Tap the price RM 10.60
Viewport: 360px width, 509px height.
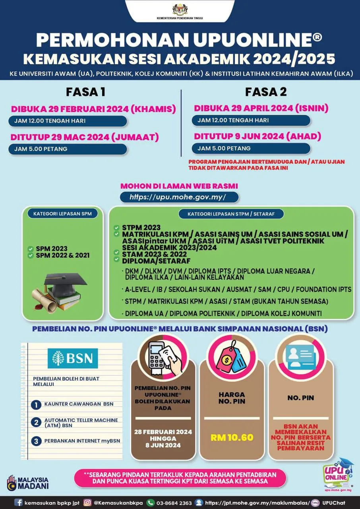(232, 438)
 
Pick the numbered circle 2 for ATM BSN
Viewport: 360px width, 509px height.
(36, 422)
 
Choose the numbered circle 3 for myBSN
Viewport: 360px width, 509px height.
(36, 441)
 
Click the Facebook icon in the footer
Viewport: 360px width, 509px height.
(18, 502)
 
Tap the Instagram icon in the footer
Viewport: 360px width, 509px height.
(87, 502)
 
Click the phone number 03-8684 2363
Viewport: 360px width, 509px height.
(175, 503)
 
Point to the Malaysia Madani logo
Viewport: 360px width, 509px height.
(28, 482)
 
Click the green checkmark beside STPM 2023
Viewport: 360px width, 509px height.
(116, 227)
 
